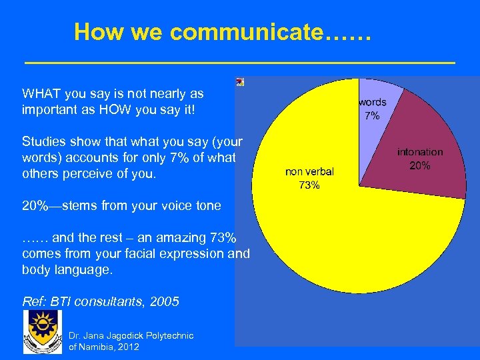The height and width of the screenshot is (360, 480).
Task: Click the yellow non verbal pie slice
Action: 333,233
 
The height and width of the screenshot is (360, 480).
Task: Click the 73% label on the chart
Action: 309,185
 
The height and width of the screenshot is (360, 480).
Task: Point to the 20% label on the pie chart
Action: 419,165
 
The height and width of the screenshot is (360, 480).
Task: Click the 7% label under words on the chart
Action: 372,116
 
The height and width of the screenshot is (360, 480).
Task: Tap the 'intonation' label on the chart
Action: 420,152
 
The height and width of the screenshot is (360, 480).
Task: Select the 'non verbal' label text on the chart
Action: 309,172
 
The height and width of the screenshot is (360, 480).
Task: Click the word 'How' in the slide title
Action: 95,31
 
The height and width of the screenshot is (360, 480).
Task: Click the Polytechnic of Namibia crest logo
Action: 42,331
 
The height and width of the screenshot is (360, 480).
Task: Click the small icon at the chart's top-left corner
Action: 240,81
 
